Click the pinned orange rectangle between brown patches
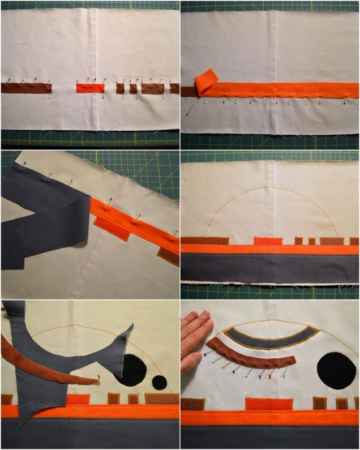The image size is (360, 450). (91, 88)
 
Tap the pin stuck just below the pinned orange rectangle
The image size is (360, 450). (102, 97)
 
